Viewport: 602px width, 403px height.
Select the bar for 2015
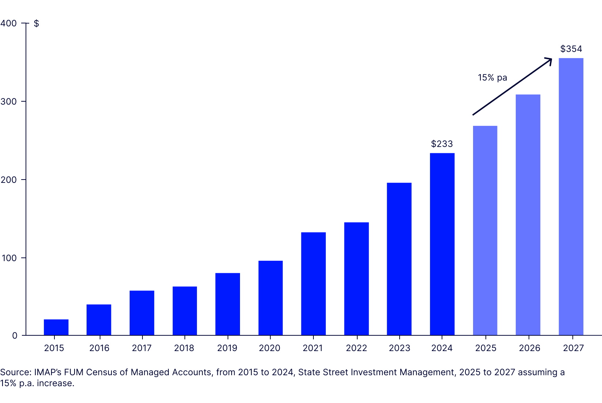(56, 327)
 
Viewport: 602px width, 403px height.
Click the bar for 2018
(184, 311)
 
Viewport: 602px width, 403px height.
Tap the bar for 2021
(313, 284)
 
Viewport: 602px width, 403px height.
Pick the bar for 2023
(399, 259)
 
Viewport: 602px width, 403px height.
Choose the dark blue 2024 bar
(442, 244)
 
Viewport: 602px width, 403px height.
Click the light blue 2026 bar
(528, 215)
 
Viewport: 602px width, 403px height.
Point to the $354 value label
(571, 49)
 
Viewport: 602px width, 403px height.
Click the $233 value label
(442, 144)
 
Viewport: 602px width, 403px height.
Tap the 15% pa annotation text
(492, 78)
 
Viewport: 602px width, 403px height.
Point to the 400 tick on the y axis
(9, 23)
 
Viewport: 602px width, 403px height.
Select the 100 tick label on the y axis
(9, 258)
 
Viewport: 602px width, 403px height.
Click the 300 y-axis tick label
(9, 102)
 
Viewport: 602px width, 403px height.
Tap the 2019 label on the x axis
(227, 348)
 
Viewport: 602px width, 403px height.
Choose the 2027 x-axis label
(573, 348)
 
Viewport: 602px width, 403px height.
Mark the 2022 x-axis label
(356, 348)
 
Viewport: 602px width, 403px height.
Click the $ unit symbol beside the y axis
(36, 23)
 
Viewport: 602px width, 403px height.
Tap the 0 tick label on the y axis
(15, 336)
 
